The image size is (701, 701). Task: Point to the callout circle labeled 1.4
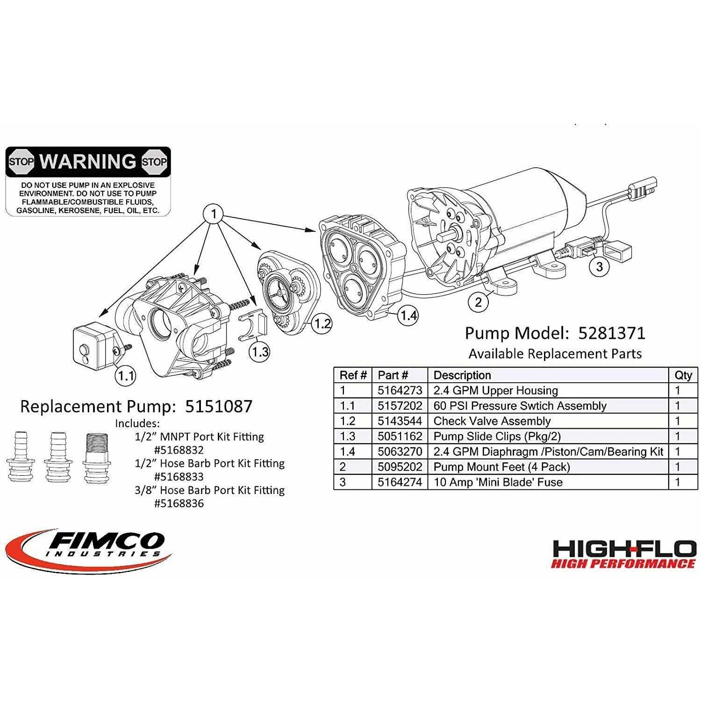tap(408, 316)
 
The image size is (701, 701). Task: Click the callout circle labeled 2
tap(478, 302)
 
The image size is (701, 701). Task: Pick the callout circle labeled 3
tap(600, 267)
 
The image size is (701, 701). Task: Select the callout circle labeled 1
tap(214, 215)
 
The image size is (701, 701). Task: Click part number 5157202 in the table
tap(400, 406)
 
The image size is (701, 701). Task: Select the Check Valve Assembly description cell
tap(492, 421)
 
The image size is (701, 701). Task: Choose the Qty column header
tap(683, 375)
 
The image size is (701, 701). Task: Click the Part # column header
tap(393, 375)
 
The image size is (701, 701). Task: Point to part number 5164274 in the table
tap(400, 482)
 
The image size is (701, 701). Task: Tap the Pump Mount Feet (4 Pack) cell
tap(501, 467)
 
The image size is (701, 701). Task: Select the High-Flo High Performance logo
tap(623, 554)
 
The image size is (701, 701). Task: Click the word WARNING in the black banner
tap(88, 161)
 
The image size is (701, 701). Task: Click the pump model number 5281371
tap(612, 333)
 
